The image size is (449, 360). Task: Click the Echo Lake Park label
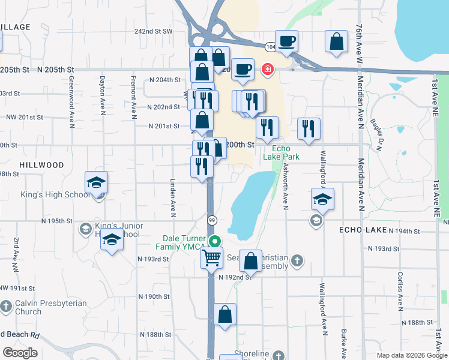click(281, 152)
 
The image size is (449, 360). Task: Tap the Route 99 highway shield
click(212, 220)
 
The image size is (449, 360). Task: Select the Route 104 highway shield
click(271, 46)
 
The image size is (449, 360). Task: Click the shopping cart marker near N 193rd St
click(211, 259)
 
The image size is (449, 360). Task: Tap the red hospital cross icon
click(266, 70)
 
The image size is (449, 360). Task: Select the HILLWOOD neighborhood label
click(41, 164)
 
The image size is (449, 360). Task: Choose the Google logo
click(20, 352)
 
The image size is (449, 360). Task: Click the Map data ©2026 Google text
click(412, 355)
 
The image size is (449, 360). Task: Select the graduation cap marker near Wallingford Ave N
click(322, 200)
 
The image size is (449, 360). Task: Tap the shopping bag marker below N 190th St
click(224, 314)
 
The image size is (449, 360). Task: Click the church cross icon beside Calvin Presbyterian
click(6, 307)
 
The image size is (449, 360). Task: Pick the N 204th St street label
click(165, 80)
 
